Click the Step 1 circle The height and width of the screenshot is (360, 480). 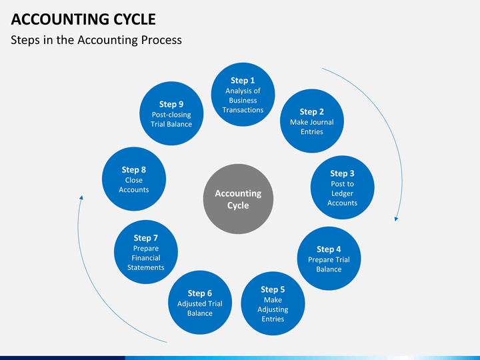243,94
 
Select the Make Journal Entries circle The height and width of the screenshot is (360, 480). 311,121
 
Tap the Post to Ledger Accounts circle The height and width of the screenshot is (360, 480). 342,187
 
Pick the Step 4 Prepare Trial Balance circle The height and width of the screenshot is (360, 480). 329,259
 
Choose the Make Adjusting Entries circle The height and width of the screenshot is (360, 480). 273,303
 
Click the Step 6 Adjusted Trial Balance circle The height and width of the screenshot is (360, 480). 200,303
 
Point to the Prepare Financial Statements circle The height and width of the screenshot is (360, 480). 146,252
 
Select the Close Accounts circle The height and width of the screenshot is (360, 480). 134,179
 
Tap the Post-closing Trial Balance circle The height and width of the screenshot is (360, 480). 171,113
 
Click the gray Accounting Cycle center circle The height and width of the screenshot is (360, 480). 238,199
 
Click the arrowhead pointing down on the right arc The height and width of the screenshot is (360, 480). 396,219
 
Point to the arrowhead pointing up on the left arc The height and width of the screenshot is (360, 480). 81,198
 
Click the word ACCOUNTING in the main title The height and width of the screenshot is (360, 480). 60,19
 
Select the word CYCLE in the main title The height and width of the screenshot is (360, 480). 135,19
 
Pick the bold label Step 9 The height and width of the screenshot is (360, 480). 171,104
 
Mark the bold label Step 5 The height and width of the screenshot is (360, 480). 273,289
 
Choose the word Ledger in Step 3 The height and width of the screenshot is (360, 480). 342,193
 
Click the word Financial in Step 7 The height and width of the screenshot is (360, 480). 146,258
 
